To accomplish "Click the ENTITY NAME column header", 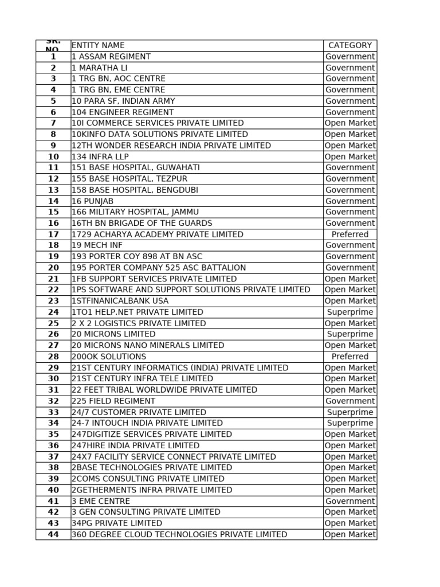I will pos(98,45).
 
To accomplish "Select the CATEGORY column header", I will pos(350,45).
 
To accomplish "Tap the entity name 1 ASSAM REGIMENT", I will pos(111,56).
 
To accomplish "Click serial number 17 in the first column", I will pos(53,234).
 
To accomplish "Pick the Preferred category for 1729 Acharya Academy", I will pos(350,234).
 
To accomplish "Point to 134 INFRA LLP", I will pos(100,156).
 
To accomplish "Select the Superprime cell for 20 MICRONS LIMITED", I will pos(350,334).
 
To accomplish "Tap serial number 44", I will pos(53,534).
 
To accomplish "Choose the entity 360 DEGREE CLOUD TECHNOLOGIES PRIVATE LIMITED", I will pos(179,534).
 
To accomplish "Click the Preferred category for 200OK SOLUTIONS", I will pos(350,357).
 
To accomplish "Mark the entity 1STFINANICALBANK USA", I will pos(120,301).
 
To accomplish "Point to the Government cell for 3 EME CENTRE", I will pos(350,501).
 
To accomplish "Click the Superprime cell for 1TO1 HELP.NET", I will pos(350,312).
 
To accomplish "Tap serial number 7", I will pos(53,123).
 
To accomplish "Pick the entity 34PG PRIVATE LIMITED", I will pos(117,523).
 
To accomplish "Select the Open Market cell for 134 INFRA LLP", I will pos(350,156).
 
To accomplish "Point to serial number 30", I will pos(53,379).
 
